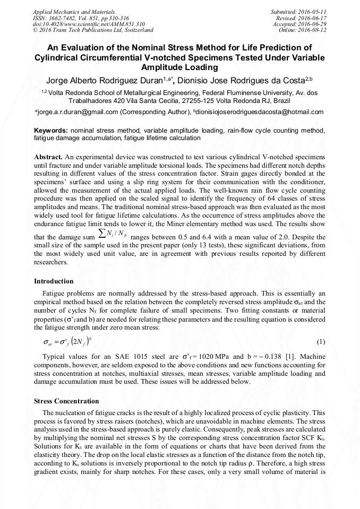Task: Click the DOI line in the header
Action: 81,24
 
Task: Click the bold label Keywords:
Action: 51,131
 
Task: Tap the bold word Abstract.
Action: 48,158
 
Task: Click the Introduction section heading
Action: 54,281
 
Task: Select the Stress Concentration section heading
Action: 66,401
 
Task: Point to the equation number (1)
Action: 321,342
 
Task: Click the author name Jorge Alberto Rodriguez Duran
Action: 109,81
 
